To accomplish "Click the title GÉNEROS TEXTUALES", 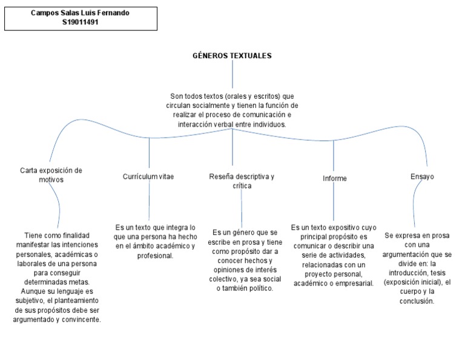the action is [232, 56].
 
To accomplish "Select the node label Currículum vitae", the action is [148, 176].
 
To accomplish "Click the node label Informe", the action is [335, 178].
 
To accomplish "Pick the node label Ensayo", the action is [422, 176].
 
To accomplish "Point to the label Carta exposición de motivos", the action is [51, 175].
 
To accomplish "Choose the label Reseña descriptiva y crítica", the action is [242, 181].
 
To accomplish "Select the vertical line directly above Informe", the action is [335, 155].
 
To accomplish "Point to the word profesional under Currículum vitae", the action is [156, 256].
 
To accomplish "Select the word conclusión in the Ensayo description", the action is [417, 301].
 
